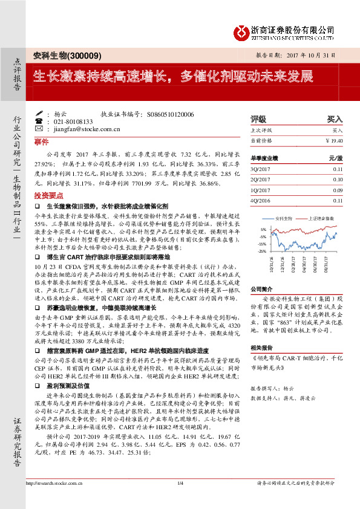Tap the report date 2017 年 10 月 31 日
[315, 56]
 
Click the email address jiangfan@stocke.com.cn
[79, 129]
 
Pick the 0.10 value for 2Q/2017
[337, 180]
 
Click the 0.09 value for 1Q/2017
[337, 190]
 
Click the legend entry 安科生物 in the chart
[283, 218]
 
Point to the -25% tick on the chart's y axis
[262, 250]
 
